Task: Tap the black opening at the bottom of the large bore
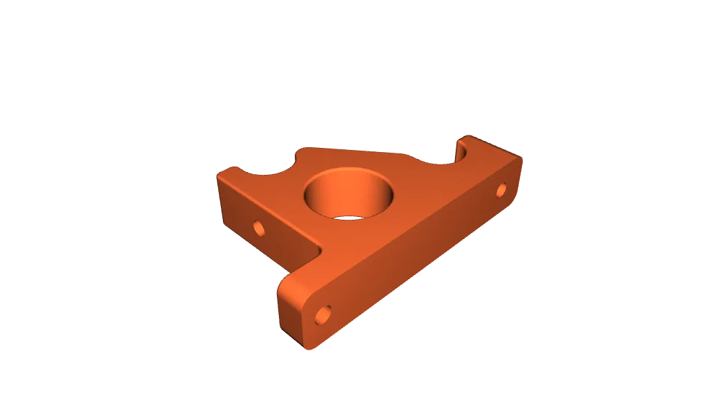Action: point(349,218)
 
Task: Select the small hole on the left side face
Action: point(259,227)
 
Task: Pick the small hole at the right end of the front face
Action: point(501,189)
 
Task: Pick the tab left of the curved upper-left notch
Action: point(232,170)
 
